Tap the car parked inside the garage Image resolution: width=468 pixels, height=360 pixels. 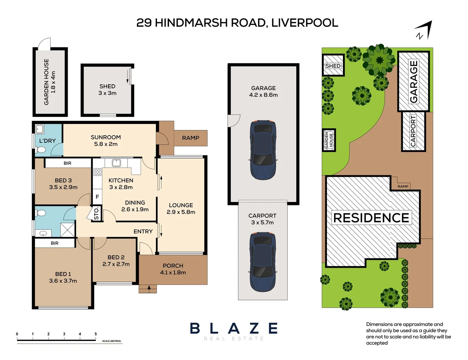(x=263, y=150)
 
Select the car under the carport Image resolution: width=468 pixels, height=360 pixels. (x=263, y=262)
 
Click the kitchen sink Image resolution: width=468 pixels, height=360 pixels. (x=116, y=163)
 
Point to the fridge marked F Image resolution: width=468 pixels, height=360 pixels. (x=97, y=197)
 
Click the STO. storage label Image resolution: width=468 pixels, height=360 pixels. (x=96, y=213)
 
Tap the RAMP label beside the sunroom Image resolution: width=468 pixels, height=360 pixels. (x=191, y=138)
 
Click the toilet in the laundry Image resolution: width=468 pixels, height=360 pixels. (x=40, y=149)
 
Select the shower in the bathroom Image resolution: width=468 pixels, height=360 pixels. (x=67, y=230)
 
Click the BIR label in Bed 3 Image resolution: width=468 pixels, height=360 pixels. (x=67, y=163)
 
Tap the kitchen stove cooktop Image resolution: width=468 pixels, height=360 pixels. (x=97, y=172)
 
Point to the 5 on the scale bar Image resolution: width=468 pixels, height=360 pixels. (x=96, y=334)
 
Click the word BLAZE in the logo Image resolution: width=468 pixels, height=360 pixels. (x=234, y=329)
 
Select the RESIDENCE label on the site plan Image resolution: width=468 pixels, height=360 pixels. (x=371, y=218)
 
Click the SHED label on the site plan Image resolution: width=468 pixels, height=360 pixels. (x=333, y=66)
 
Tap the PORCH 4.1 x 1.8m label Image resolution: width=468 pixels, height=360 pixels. (x=173, y=269)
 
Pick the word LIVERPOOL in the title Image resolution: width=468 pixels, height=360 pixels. (x=305, y=23)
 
